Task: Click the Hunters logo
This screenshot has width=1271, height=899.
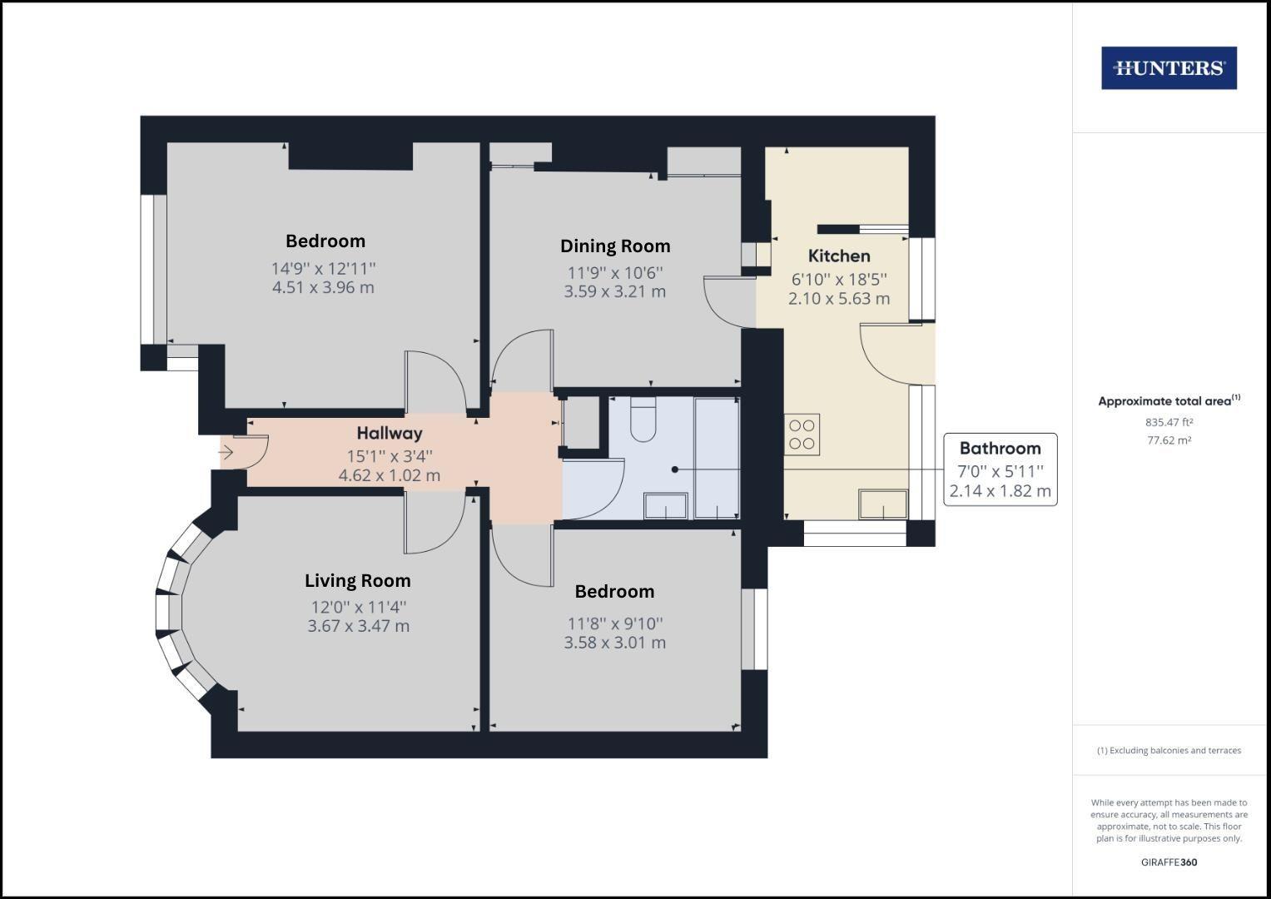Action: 1169,68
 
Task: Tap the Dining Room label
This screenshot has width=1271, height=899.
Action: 615,246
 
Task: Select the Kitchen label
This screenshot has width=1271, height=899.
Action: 839,256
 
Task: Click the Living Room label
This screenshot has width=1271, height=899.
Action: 357,581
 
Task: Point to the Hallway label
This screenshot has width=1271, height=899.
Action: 390,433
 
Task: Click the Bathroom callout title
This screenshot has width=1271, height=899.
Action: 1000,449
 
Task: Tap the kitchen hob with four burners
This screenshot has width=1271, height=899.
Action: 802,435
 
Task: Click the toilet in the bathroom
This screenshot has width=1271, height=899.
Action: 643,420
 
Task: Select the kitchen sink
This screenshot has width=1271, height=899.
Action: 883,504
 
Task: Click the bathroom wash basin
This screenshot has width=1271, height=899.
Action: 666,505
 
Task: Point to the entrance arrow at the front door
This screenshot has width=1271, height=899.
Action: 226,454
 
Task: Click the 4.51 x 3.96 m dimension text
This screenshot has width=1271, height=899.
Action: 323,288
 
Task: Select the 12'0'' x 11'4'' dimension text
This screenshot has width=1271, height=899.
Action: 359,608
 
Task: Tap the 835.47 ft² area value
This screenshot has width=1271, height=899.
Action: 1169,422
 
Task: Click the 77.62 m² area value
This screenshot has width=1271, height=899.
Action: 1169,440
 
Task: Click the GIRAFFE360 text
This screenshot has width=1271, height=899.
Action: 1169,862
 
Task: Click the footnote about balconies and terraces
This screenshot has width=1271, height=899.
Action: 1169,751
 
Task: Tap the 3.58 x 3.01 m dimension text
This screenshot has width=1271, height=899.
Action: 615,643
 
